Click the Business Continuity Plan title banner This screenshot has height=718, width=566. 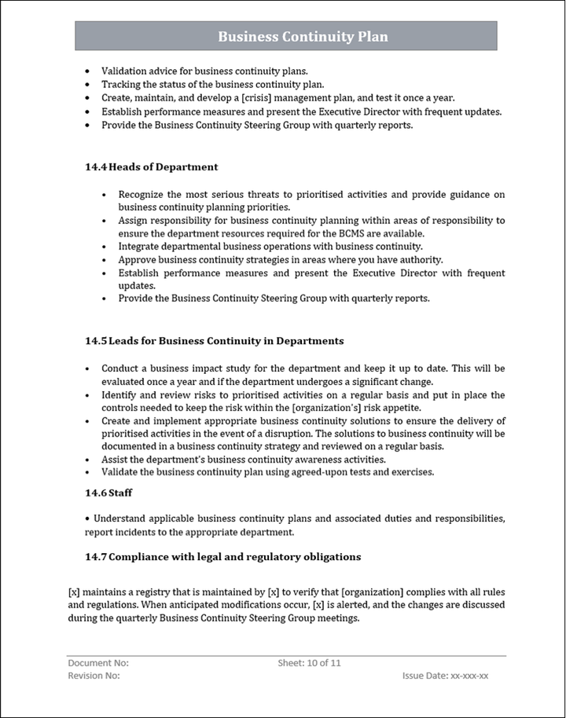pyautogui.click(x=303, y=37)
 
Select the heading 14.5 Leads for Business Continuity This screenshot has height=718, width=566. pyautogui.click(x=215, y=341)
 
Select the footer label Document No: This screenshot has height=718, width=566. pyautogui.click(x=98, y=663)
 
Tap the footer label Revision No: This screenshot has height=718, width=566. pyautogui.click(x=94, y=676)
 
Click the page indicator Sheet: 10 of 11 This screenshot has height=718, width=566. pyautogui.click(x=309, y=663)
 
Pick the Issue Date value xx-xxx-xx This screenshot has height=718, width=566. pyautogui.click(x=469, y=676)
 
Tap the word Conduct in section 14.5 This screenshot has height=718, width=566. pyautogui.click(x=121, y=368)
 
